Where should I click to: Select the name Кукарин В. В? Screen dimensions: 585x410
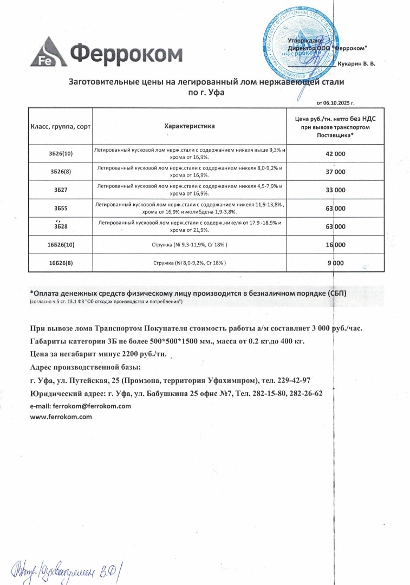coord(356,64)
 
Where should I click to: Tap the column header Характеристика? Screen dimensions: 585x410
coord(189,126)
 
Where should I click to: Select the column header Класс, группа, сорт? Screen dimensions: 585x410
coord(60,126)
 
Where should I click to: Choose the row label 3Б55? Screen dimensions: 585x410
coord(60,209)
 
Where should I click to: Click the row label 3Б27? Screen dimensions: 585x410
coord(60,190)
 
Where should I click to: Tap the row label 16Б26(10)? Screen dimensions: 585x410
coord(60,245)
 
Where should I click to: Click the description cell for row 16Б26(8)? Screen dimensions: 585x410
coord(189,263)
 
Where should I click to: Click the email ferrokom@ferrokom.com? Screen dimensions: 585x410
coord(81,406)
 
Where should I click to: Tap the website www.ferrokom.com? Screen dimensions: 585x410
coord(61,417)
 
